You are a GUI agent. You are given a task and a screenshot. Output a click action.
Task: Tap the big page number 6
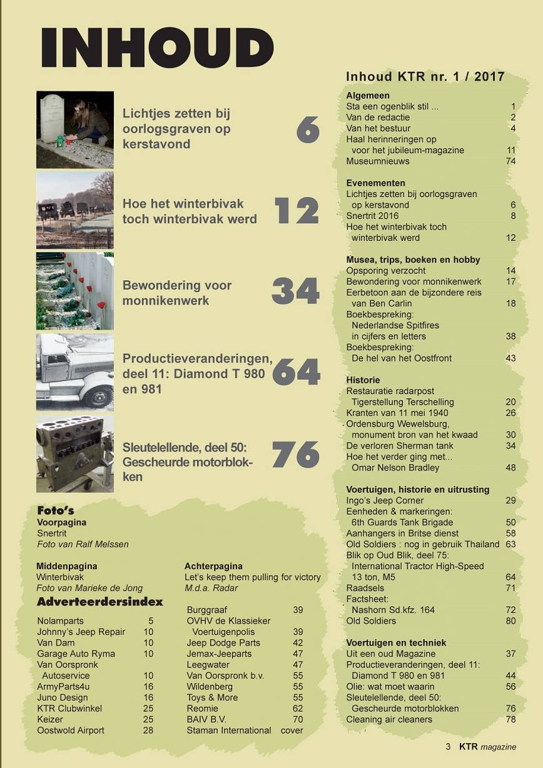308,129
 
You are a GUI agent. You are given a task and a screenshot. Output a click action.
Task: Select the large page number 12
297,210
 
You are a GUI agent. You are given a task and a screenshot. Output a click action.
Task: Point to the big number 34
296,291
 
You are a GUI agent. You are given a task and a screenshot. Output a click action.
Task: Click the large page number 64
296,372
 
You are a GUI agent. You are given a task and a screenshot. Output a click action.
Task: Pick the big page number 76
296,455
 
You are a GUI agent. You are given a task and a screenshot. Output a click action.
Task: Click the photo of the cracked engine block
74,453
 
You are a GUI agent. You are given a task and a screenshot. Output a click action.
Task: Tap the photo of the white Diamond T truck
74,372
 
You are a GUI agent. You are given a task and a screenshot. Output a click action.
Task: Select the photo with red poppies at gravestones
74,291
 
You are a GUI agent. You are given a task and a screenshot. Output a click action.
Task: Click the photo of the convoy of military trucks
74,210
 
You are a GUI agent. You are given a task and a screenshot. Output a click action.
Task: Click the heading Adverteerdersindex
100,602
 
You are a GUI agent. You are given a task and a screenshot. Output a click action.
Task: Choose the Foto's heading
55,510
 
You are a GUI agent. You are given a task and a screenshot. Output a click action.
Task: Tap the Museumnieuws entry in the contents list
378,161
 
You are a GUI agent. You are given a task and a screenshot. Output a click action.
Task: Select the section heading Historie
363,380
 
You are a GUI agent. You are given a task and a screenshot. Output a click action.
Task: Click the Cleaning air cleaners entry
389,720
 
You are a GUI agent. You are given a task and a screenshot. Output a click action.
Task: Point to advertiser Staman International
229,730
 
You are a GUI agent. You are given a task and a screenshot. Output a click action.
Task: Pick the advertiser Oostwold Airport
71,730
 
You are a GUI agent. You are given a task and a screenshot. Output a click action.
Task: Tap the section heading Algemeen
368,96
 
